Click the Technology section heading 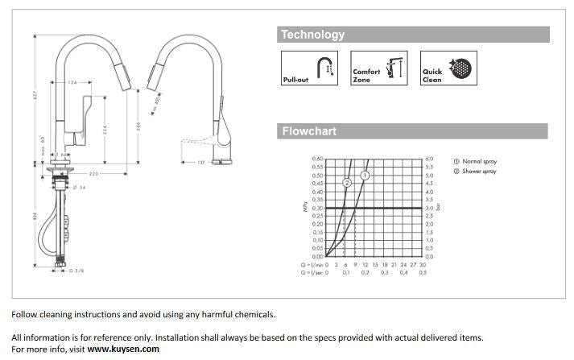click(x=312, y=35)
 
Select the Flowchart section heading click(x=309, y=131)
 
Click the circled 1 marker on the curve click(x=365, y=175)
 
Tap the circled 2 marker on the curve click(x=348, y=184)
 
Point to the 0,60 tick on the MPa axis click(x=319, y=159)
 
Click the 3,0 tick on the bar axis click(x=429, y=208)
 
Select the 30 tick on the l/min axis click(x=423, y=264)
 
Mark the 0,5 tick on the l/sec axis click(x=423, y=273)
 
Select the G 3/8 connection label click(x=76, y=271)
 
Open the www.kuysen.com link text click(x=123, y=349)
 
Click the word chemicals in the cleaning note click(x=255, y=314)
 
